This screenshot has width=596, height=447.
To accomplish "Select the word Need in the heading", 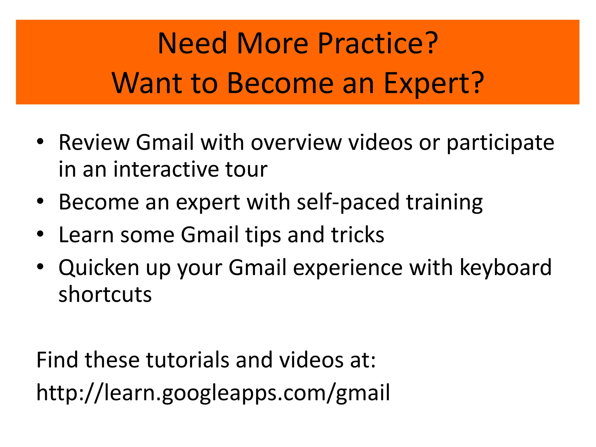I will click(192, 44).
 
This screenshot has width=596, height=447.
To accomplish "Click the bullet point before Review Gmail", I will click(40, 142).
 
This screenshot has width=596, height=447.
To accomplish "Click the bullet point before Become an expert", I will click(40, 201).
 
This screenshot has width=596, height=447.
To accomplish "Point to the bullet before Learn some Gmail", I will click(40, 234).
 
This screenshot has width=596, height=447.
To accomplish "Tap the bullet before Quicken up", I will click(40, 267).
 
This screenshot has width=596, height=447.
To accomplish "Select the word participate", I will click(500, 143).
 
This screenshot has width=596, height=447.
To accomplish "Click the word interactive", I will click(166, 169).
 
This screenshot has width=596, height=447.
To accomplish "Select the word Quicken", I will click(99, 268).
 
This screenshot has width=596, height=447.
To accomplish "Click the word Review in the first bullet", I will click(94, 143).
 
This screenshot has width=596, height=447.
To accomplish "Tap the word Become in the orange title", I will click(280, 84).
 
